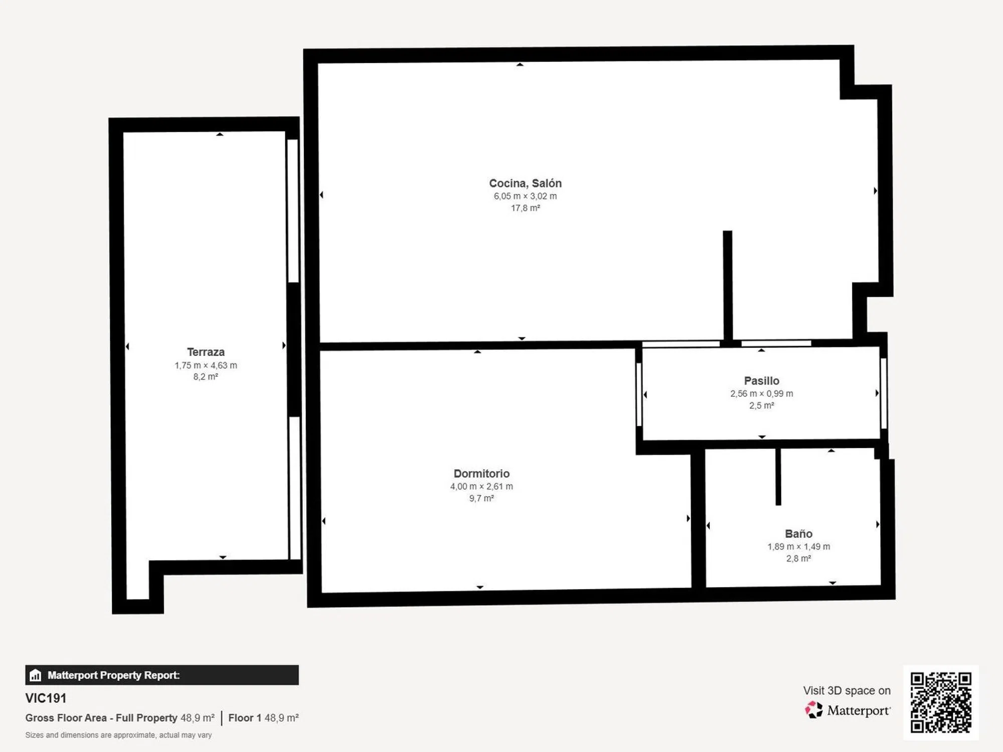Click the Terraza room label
click(206, 352)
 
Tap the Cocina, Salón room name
click(525, 183)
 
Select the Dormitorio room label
click(481, 474)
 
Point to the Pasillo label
click(761, 381)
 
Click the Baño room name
click(798, 534)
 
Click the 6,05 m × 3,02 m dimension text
click(525, 196)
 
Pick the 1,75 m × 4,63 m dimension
click(206, 365)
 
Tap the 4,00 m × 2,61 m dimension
click(481, 486)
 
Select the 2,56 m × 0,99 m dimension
click(761, 394)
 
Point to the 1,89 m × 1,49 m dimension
click(798, 546)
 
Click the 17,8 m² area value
click(525, 208)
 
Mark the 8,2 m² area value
click(206, 377)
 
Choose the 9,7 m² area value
click(481, 498)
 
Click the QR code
click(941, 702)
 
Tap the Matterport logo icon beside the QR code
click(813, 710)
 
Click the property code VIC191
click(46, 698)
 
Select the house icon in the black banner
click(35, 675)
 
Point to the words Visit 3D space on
click(847, 691)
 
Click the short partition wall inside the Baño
click(778, 476)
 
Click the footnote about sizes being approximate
click(118, 735)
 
